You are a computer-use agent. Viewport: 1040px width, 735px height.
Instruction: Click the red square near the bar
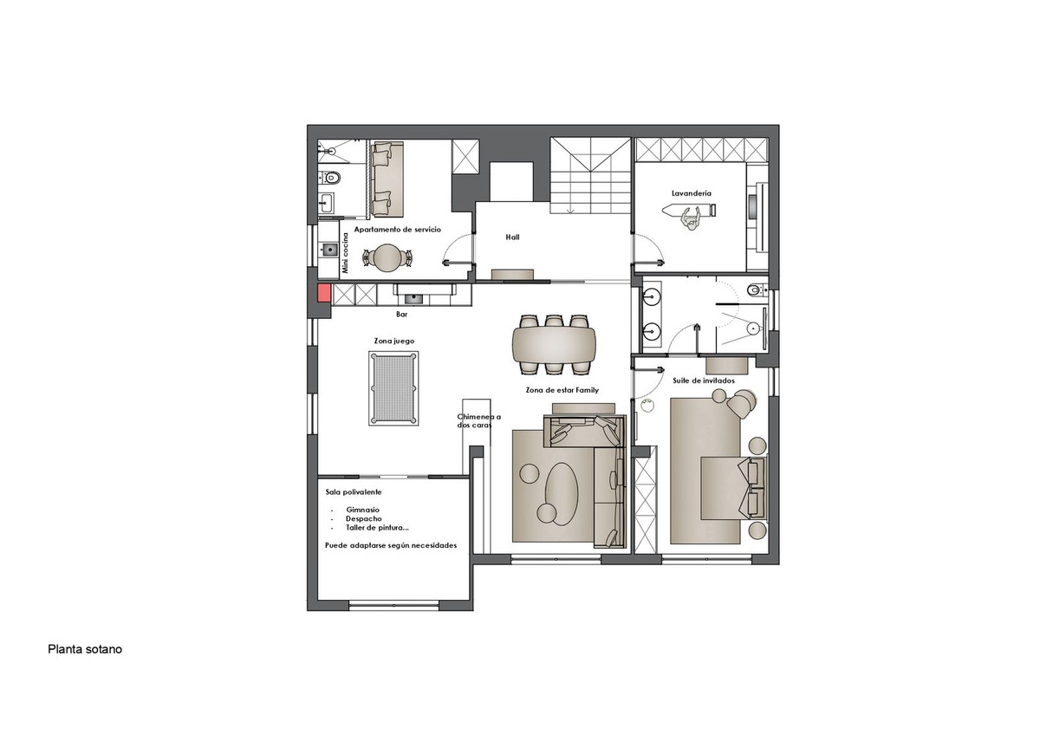coord(323,293)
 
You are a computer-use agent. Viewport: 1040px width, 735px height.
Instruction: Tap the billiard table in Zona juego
coord(393,388)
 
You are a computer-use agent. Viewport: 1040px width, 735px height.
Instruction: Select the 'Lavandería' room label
coord(692,193)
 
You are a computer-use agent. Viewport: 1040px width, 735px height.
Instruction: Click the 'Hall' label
coord(512,237)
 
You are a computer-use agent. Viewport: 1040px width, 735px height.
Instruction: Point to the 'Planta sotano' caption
coord(85,649)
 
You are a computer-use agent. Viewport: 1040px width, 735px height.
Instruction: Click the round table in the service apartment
coord(387,257)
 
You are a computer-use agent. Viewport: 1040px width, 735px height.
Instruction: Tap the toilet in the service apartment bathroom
coord(330,178)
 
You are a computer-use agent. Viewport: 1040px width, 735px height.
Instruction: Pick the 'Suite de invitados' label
coord(704,381)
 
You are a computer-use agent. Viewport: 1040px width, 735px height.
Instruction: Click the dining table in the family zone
coord(554,344)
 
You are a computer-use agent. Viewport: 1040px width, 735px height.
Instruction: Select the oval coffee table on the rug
coord(562,494)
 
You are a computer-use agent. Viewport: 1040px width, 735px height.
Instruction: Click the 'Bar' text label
coord(401,315)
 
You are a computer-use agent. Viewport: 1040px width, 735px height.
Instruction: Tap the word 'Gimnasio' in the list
coord(362,510)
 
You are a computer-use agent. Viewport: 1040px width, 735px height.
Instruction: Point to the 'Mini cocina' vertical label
coord(345,252)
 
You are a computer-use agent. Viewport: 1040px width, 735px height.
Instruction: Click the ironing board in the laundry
coord(689,211)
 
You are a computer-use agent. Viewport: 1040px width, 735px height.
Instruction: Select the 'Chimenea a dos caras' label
coord(478,421)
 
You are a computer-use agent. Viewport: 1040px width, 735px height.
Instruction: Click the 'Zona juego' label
coord(394,341)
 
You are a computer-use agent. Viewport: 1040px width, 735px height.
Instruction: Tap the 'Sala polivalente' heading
coord(354,492)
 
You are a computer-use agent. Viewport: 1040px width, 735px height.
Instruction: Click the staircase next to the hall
coord(590,175)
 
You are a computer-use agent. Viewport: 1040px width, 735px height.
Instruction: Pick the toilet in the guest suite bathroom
coord(757,290)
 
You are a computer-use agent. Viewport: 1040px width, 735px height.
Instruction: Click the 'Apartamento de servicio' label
coord(398,230)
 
